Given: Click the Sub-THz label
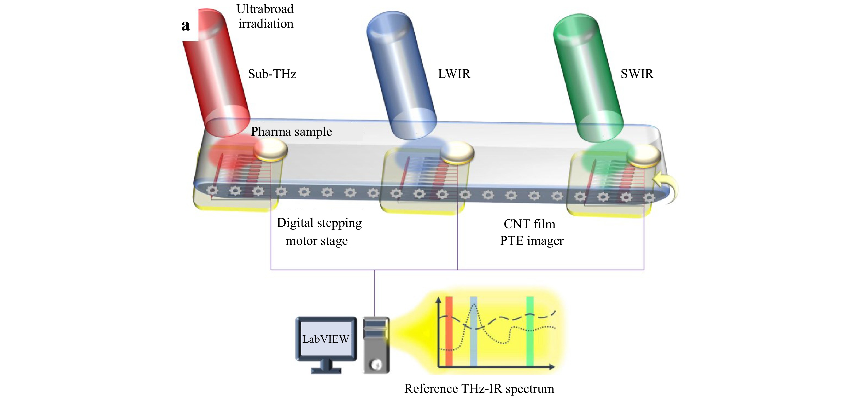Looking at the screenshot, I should tap(272, 74).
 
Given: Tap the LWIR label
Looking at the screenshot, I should tap(454, 74).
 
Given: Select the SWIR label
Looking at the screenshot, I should tap(637, 74).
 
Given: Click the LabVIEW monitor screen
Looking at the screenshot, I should tap(326, 339).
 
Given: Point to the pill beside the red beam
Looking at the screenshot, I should tap(270, 150).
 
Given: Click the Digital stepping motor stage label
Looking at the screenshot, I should tap(319, 232).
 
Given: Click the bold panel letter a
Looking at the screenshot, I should tap(185, 25).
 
